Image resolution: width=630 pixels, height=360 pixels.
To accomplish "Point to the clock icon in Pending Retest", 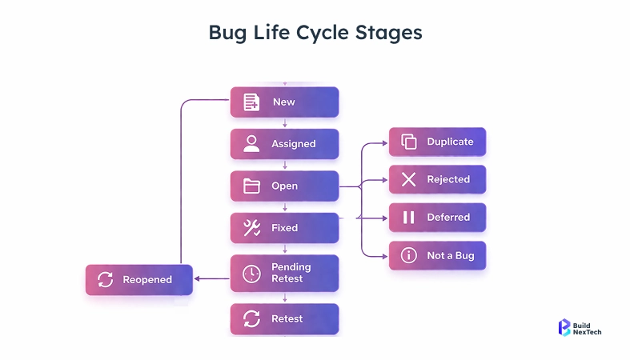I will tap(251, 274).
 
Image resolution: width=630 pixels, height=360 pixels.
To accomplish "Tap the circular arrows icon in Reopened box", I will tap(105, 280).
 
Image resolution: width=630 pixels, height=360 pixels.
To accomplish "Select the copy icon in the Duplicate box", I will tap(409, 142).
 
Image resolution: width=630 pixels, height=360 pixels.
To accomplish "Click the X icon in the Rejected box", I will tap(409, 179).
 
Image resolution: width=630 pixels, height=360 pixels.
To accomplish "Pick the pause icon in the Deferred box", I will tap(409, 218).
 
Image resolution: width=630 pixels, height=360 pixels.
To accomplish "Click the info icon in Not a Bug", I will tap(409, 255).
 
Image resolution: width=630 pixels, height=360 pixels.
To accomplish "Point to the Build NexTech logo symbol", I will tap(564, 326).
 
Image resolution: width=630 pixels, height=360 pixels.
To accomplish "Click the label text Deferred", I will tap(448, 218).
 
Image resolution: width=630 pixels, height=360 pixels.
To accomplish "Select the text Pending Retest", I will tap(291, 273).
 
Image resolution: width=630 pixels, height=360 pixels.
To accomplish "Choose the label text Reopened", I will tap(147, 280).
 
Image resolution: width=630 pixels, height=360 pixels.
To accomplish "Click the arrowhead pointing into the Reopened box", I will tap(198, 279).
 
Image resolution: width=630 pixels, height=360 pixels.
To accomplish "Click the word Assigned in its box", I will tap(294, 144).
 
